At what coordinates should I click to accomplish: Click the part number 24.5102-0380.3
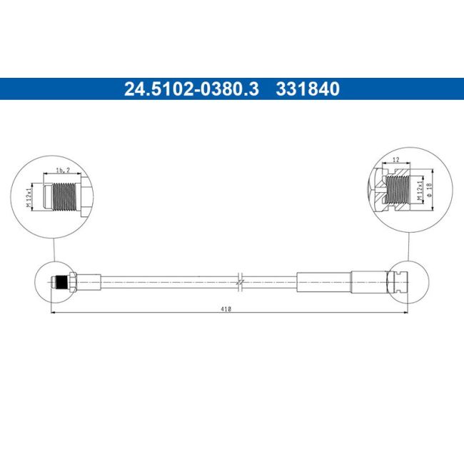click(192, 89)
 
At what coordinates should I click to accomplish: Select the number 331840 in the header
click(308, 89)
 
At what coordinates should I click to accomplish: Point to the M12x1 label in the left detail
click(30, 196)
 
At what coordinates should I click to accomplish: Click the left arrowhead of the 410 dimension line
click(54, 313)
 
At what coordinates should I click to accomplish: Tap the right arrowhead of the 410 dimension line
click(405, 313)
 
